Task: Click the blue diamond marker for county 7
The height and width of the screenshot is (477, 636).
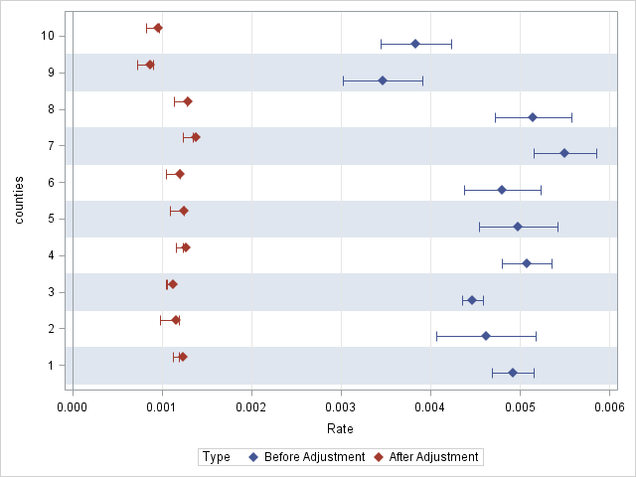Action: click(x=564, y=153)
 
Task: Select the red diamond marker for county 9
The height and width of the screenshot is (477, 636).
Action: click(x=150, y=65)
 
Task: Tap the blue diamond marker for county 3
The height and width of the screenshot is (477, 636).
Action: click(x=472, y=300)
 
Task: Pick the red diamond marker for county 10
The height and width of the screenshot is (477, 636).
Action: click(x=158, y=28)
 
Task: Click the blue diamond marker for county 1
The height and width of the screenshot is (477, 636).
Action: click(x=513, y=373)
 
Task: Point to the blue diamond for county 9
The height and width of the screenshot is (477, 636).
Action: click(x=383, y=80)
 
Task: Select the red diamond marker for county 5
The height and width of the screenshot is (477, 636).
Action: click(x=184, y=211)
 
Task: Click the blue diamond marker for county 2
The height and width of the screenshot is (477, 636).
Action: click(x=486, y=336)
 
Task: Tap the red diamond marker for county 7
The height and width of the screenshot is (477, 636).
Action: click(x=196, y=137)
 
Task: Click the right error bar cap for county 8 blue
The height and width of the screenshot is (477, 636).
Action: click(x=571, y=117)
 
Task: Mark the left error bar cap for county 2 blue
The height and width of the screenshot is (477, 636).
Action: click(x=436, y=336)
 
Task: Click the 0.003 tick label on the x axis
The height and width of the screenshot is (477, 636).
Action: click(x=341, y=407)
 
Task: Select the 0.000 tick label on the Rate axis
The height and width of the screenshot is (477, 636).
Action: click(x=73, y=407)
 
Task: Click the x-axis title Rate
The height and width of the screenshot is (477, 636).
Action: click(x=340, y=429)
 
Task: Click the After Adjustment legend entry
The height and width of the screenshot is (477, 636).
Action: click(x=426, y=457)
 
